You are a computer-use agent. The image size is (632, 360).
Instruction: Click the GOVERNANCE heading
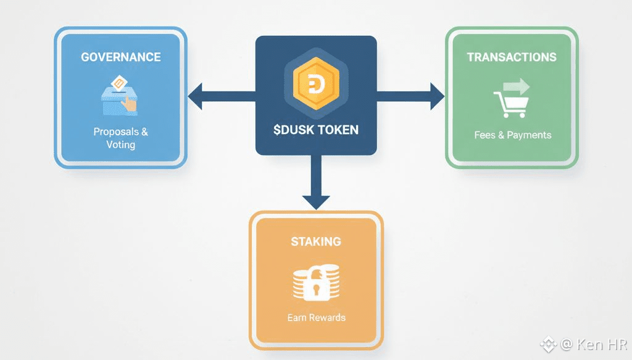pyautogui.click(x=121, y=57)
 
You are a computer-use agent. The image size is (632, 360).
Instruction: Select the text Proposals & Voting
pyautogui.click(x=121, y=138)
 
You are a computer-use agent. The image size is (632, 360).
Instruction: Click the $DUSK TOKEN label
pyautogui.click(x=316, y=131)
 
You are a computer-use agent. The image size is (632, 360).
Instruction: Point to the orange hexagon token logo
pyautogui.click(x=315, y=83)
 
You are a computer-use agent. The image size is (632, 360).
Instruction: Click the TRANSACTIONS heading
pyautogui.click(x=512, y=57)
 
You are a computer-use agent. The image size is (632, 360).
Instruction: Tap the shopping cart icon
pyautogui.click(x=510, y=104)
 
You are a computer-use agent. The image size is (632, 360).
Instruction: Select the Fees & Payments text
pyautogui.click(x=513, y=135)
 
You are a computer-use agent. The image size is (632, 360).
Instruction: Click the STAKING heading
pyautogui.click(x=316, y=241)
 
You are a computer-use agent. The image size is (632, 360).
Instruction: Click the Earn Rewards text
pyautogui.click(x=316, y=317)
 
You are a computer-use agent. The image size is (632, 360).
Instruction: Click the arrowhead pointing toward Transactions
pyautogui.click(x=436, y=96)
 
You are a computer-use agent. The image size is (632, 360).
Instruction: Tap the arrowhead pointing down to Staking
pyautogui.click(x=315, y=201)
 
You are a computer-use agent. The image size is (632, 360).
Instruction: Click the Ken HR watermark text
pyautogui.click(x=599, y=344)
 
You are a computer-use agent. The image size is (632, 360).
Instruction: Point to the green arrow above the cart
pyautogui.click(x=517, y=85)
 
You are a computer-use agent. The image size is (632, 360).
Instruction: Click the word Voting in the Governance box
pyautogui.click(x=120, y=144)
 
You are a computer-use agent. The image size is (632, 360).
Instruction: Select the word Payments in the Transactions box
pyautogui.click(x=529, y=135)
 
